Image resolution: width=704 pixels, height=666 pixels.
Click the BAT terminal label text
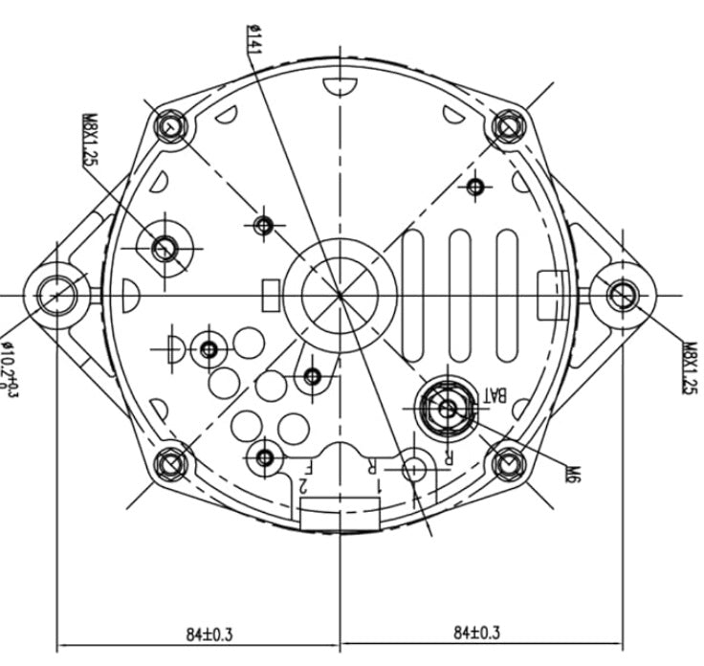pyautogui.click(x=495, y=393)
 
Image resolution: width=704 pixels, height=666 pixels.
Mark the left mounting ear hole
pyautogui.click(x=56, y=295)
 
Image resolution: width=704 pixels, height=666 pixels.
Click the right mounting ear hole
pyautogui.click(x=623, y=294)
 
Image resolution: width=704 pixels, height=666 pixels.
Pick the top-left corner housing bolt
pyautogui.click(x=170, y=127)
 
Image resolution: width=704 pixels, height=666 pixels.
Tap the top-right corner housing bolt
pyautogui.click(x=507, y=125)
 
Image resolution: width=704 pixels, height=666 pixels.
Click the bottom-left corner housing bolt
pyautogui.click(x=171, y=464)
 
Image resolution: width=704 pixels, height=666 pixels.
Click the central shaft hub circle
pyautogui.click(x=340, y=295)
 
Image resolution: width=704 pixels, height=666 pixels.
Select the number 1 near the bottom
pyautogui.click(x=378, y=486)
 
